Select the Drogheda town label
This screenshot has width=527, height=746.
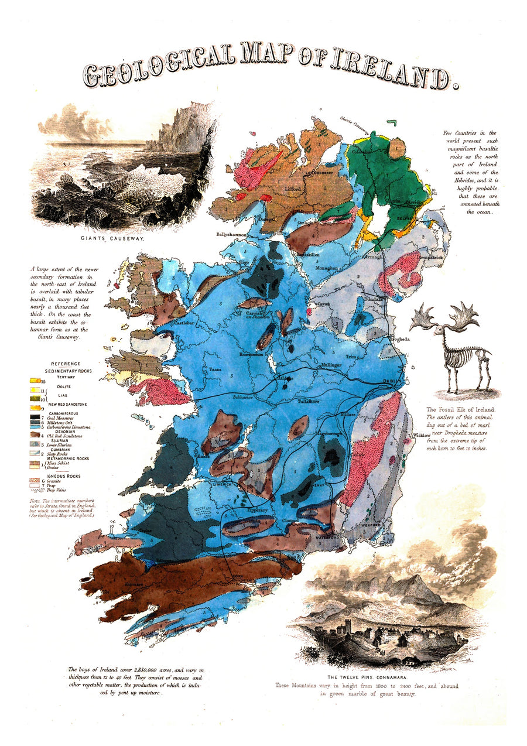tap(398, 339)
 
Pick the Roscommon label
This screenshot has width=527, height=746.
tap(252, 355)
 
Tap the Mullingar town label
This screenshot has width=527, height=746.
tap(330, 365)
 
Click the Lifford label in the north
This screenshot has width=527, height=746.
tap(293, 190)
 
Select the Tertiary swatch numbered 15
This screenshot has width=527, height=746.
tap(36, 382)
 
